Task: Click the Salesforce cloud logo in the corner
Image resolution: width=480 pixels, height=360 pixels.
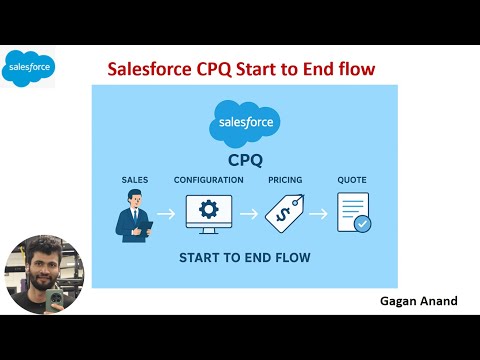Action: [28, 68]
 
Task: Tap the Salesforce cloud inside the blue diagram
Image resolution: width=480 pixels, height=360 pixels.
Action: [244, 124]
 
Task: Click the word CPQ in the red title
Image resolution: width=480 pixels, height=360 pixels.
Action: [229, 69]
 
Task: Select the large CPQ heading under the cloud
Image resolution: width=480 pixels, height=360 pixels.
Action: [244, 160]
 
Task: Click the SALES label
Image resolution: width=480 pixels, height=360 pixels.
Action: [134, 180]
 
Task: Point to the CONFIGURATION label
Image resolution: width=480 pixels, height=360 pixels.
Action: [208, 180]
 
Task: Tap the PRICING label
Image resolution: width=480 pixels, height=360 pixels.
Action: [285, 180]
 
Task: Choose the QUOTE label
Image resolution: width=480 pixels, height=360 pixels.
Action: [352, 180]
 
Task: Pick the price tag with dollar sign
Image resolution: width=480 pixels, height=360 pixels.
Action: [285, 213]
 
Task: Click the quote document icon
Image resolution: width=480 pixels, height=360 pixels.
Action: [352, 212]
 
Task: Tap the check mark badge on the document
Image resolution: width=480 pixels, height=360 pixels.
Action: [363, 225]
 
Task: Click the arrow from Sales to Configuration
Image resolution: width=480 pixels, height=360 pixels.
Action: [167, 213]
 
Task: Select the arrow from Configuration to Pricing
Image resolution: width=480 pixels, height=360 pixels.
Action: [249, 213]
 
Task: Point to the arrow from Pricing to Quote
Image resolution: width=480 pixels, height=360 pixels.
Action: [318, 213]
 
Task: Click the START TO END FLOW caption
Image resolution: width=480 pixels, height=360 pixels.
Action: [244, 258]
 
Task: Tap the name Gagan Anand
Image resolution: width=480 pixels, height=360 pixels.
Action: [417, 299]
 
